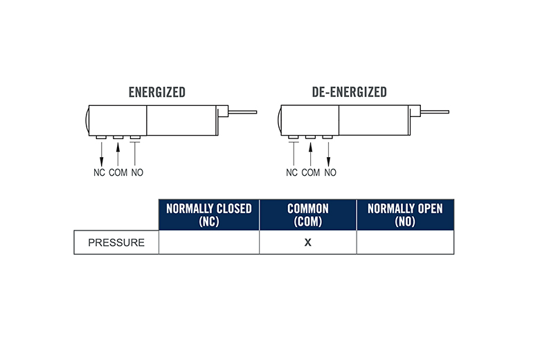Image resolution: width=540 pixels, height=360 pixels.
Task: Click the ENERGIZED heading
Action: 157,92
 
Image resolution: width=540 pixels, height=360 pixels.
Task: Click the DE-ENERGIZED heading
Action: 349,92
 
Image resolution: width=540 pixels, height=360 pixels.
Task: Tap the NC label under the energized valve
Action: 99,172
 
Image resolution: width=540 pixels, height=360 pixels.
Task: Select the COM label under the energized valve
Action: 118,172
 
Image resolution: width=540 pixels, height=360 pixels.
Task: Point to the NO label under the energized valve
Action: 137,172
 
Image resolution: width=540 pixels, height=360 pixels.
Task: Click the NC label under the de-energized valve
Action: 291,172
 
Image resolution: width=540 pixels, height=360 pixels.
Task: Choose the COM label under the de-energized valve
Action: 311,172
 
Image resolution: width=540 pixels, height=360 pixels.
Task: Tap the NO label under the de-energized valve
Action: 330,172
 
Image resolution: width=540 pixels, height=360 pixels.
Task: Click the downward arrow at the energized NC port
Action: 101,154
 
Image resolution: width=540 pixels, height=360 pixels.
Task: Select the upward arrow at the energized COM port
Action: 118,154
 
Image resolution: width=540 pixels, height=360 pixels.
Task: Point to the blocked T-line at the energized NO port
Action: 135,154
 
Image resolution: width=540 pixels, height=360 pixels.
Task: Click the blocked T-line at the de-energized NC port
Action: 294,154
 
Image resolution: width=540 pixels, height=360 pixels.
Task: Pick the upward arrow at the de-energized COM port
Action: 310,154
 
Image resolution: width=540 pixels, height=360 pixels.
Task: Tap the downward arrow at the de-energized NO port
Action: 328,154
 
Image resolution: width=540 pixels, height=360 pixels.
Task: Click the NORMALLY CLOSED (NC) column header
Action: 209,215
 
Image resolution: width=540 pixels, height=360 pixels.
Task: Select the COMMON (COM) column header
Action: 308,215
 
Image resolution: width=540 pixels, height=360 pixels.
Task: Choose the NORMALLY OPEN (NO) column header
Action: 405,215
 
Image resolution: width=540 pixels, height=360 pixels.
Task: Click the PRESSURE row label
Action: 116,242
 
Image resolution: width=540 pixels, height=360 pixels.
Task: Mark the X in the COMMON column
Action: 308,242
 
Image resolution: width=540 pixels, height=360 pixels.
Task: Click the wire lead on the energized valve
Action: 242,112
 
